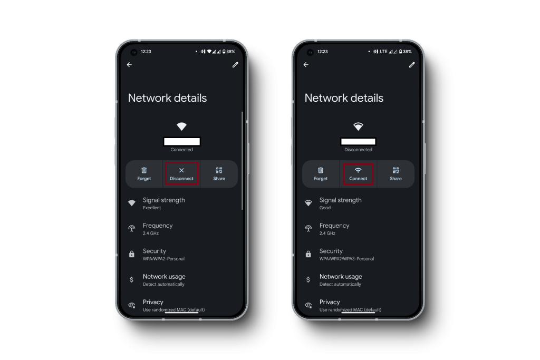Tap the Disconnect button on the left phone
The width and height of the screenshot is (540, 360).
click(x=181, y=174)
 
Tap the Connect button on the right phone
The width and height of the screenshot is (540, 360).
click(x=358, y=174)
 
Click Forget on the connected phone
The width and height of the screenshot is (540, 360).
click(x=144, y=174)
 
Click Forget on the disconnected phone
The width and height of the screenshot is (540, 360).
click(x=321, y=174)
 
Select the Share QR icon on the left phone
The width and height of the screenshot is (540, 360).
click(x=219, y=170)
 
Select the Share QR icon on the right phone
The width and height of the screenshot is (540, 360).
click(x=396, y=170)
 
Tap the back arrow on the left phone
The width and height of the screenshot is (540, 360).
click(x=129, y=65)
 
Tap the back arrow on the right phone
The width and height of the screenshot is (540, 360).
click(x=306, y=65)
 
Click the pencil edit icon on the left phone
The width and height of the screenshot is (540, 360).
click(x=235, y=65)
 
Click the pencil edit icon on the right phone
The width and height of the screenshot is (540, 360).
click(x=412, y=65)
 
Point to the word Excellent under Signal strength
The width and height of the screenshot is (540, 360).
click(x=152, y=208)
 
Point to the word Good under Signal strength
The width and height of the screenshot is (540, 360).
click(x=325, y=208)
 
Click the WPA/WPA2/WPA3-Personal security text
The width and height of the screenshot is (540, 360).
click(x=346, y=259)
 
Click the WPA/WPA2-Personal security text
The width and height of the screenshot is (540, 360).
click(x=163, y=259)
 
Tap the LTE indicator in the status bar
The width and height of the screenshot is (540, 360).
click(x=383, y=52)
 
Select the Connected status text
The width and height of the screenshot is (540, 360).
click(x=181, y=150)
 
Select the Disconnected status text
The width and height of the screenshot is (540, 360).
click(x=358, y=150)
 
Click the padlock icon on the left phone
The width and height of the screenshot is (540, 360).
click(x=131, y=254)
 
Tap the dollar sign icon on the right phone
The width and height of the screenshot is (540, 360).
click(x=308, y=279)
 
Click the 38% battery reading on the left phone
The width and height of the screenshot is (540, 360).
click(x=231, y=52)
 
